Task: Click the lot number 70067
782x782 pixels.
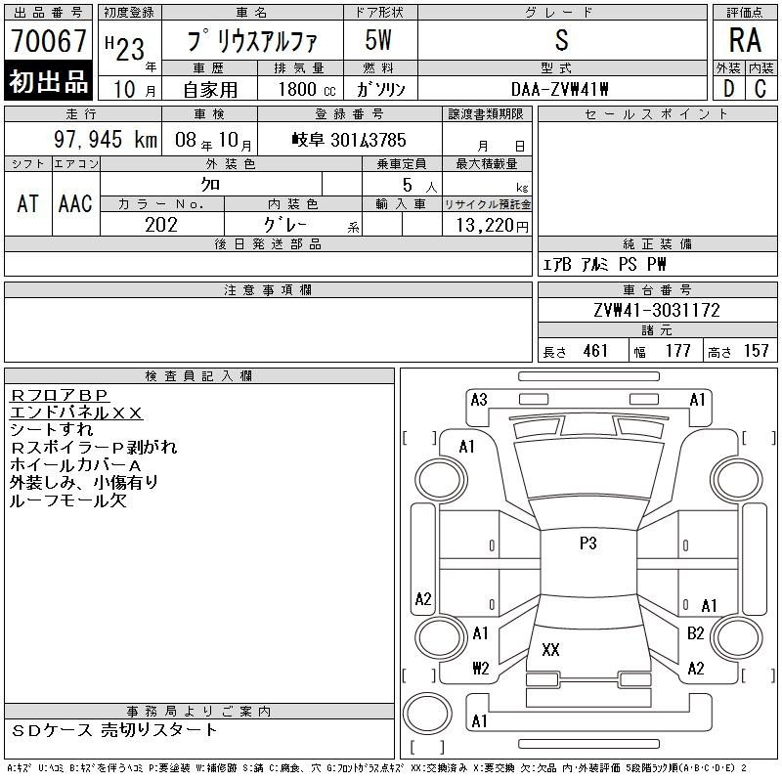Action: click(x=48, y=41)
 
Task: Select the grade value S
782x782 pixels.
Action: click(x=561, y=40)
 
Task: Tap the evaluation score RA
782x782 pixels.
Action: click(x=745, y=41)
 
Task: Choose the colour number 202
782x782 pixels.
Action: click(x=161, y=224)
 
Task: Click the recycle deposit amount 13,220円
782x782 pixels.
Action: click(x=488, y=224)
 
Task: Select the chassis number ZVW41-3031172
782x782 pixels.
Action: click(x=656, y=311)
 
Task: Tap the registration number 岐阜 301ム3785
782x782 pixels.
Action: click(x=349, y=140)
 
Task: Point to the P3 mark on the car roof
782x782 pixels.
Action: click(x=587, y=543)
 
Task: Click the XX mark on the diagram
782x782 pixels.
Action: click(x=549, y=649)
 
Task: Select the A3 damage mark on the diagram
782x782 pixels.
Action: click(x=479, y=399)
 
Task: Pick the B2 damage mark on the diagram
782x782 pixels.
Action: click(x=696, y=633)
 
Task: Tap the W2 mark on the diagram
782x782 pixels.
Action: click(x=480, y=669)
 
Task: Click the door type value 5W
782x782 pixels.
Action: click(x=379, y=40)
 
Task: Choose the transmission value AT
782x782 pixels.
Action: click(x=27, y=203)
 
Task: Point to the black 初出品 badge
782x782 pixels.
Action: click(x=48, y=82)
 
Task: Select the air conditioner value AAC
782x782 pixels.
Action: click(x=75, y=203)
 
